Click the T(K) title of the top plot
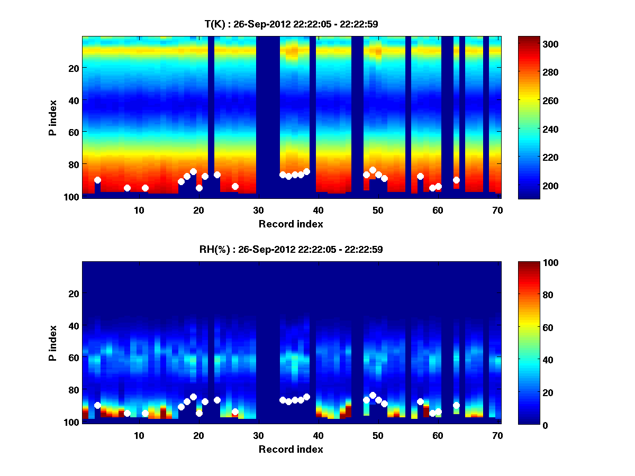(291, 24)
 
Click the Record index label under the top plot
(291, 224)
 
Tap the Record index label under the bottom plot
(291, 449)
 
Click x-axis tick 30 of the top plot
(258, 210)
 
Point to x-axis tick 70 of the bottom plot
(497, 435)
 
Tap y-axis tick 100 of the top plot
(72, 197)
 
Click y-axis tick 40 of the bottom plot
(74, 325)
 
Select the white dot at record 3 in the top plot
(97, 180)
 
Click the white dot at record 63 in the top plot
(456, 180)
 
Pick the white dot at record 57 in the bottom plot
(420, 401)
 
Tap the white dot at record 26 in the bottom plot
(235, 411)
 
